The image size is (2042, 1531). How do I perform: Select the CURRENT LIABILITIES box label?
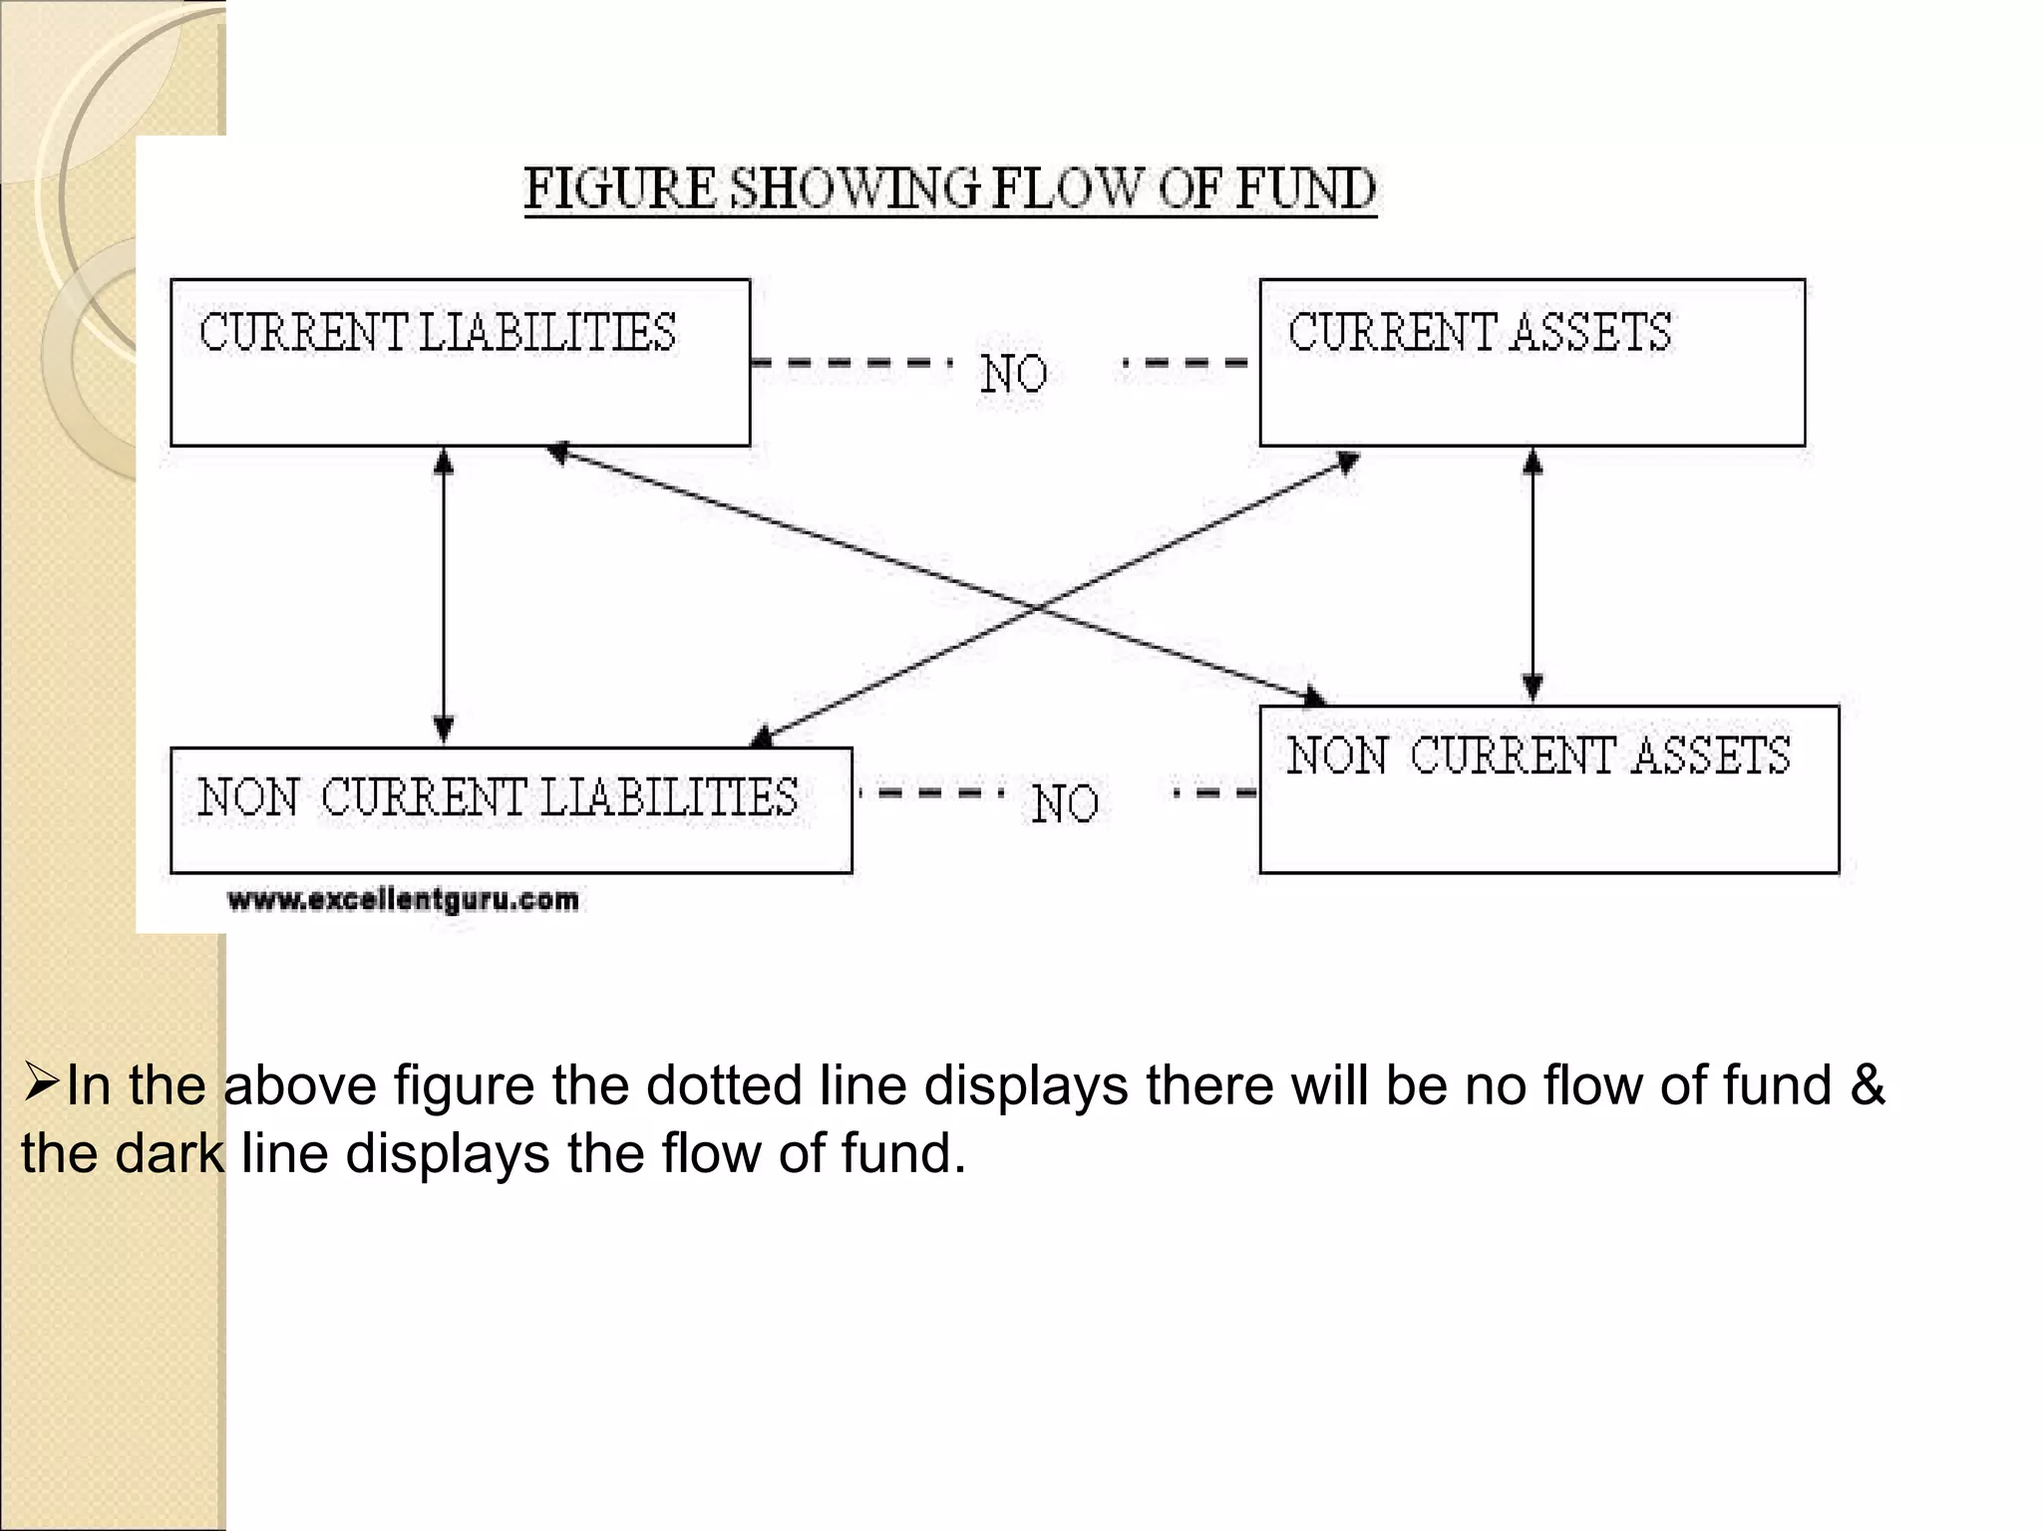(x=437, y=333)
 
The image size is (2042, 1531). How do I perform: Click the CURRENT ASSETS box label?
(x=1480, y=333)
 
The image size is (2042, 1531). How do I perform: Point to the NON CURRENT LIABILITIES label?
(x=498, y=797)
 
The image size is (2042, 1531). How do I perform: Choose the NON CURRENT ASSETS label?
(x=1538, y=756)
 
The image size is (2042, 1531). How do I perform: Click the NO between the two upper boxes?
(x=1014, y=375)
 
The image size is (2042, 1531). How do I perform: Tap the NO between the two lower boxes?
(x=1065, y=803)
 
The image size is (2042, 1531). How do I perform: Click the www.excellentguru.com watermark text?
(x=403, y=900)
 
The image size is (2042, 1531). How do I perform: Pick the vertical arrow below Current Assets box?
(x=1533, y=576)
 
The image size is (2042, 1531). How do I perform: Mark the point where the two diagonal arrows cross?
(x=1037, y=606)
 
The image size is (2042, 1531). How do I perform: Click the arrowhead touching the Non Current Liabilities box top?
(x=762, y=738)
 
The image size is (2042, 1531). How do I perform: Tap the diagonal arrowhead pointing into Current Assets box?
(x=1347, y=462)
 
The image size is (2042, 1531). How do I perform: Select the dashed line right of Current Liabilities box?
(x=850, y=363)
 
